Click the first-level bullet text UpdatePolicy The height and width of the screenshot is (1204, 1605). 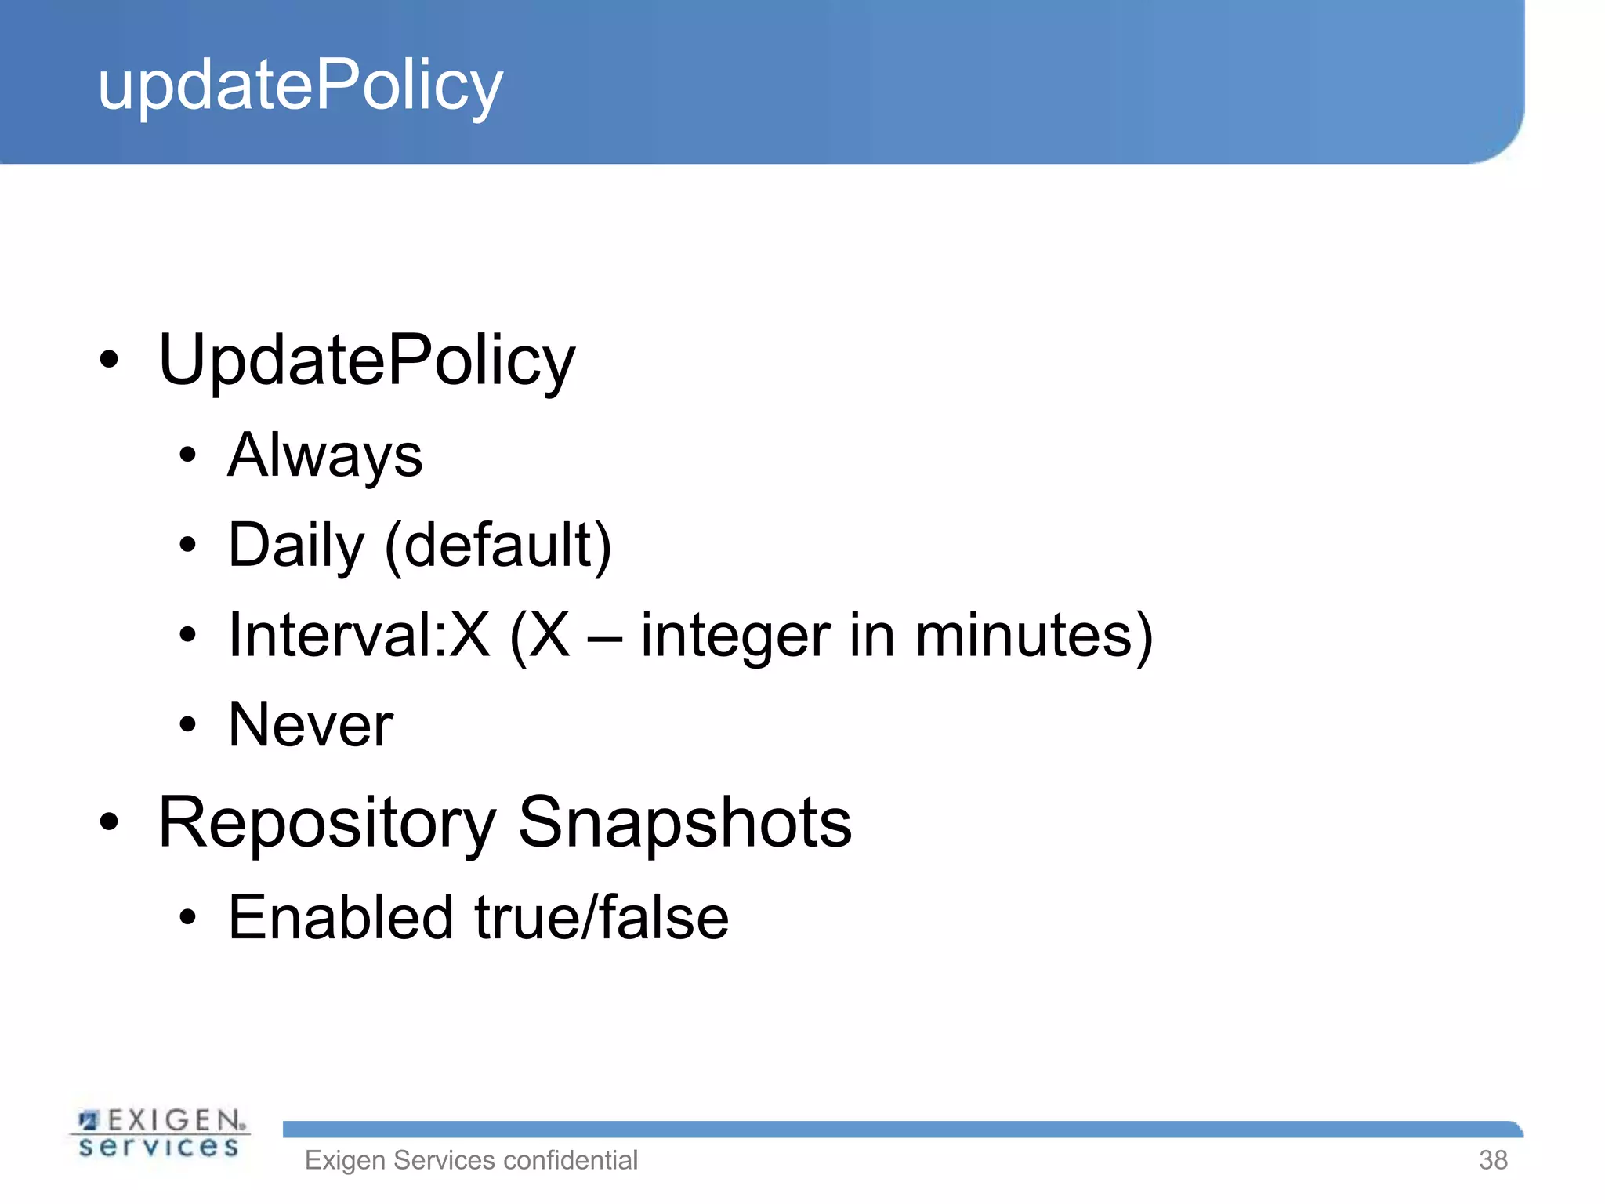click(367, 361)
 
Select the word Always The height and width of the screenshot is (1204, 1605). click(325, 456)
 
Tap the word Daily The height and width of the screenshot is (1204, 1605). click(296, 546)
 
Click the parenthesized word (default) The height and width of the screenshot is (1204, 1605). click(498, 546)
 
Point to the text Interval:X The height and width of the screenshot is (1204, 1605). click(359, 635)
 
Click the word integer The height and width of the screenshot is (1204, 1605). click(735, 636)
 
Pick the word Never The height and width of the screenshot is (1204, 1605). click(310, 725)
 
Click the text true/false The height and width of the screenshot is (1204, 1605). click(602, 917)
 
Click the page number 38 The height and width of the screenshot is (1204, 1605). click(1492, 1160)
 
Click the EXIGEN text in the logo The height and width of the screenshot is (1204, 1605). click(174, 1120)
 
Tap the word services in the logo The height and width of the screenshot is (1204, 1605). click(159, 1147)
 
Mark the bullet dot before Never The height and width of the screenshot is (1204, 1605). click(187, 725)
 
